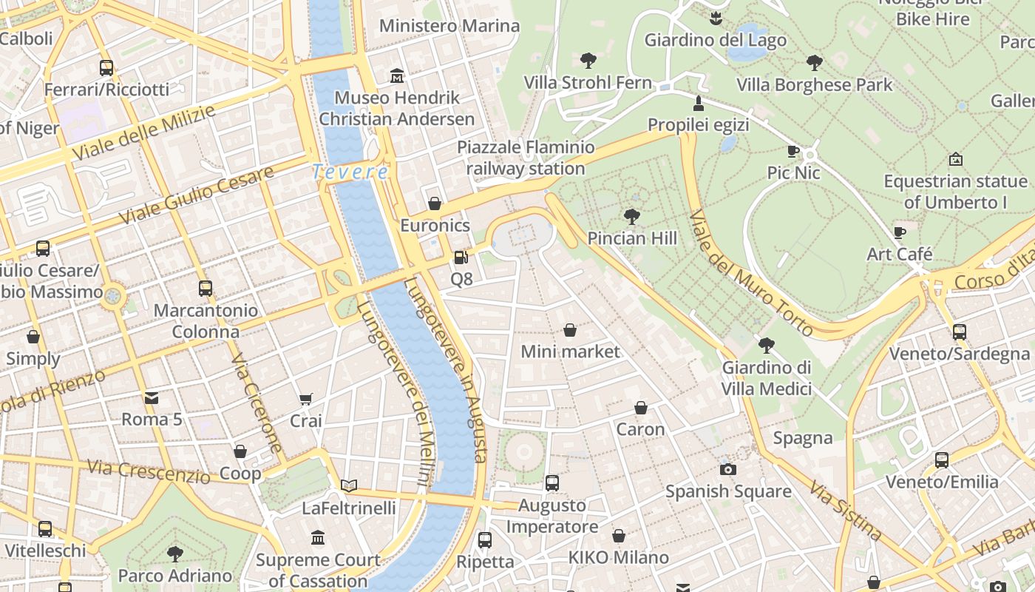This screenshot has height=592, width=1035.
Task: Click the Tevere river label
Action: click(x=350, y=172)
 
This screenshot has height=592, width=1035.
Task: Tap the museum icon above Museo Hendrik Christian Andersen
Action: click(x=397, y=76)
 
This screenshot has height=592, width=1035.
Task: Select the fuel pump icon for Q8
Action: click(x=461, y=258)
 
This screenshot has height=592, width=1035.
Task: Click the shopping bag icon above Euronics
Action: click(x=435, y=203)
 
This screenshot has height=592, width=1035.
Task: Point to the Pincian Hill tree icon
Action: click(x=631, y=216)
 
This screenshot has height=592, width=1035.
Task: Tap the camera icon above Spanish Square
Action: click(x=727, y=469)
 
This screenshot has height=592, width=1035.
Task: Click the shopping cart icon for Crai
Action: click(x=305, y=399)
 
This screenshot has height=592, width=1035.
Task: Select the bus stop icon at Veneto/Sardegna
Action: click(x=959, y=332)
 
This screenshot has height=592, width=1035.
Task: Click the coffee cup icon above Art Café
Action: click(x=900, y=232)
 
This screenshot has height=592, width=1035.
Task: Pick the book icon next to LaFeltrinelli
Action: click(x=349, y=485)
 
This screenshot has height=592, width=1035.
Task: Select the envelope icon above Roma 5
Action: click(x=152, y=397)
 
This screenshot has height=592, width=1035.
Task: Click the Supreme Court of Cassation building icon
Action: click(x=318, y=537)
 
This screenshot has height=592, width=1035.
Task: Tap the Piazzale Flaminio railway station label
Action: click(x=526, y=158)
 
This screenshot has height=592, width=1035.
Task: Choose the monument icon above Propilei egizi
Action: click(x=698, y=102)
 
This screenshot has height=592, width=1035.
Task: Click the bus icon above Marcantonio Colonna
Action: click(x=205, y=288)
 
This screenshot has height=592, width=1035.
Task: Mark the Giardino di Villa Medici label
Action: click(x=766, y=377)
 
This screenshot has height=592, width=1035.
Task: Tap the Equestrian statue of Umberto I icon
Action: click(x=955, y=158)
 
